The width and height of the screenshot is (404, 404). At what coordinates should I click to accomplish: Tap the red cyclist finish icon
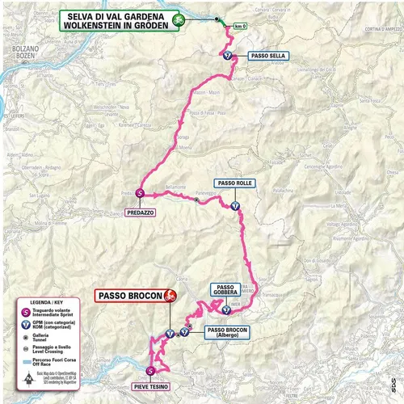pos(170,296)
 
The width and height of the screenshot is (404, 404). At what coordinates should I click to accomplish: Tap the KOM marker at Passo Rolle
pos(234,206)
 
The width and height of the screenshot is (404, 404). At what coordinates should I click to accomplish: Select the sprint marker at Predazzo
pos(140,193)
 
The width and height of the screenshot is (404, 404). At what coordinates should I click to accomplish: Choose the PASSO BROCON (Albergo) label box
pos(227,333)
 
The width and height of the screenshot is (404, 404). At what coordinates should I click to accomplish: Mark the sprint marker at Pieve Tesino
pos(150,372)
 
